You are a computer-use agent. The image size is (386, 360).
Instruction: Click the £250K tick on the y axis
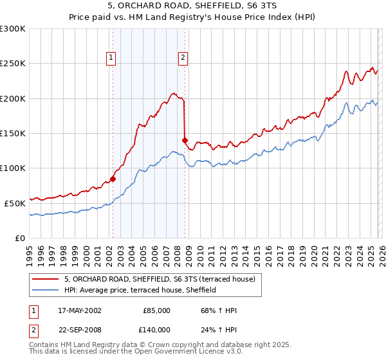pyautogui.click(x=13, y=64)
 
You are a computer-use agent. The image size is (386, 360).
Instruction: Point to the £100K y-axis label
pyautogui.click(x=13, y=168)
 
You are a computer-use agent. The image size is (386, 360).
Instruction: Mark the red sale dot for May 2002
pyautogui.click(x=113, y=179)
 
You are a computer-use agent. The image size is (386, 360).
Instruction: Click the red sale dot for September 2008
pyautogui.click(x=185, y=140)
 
